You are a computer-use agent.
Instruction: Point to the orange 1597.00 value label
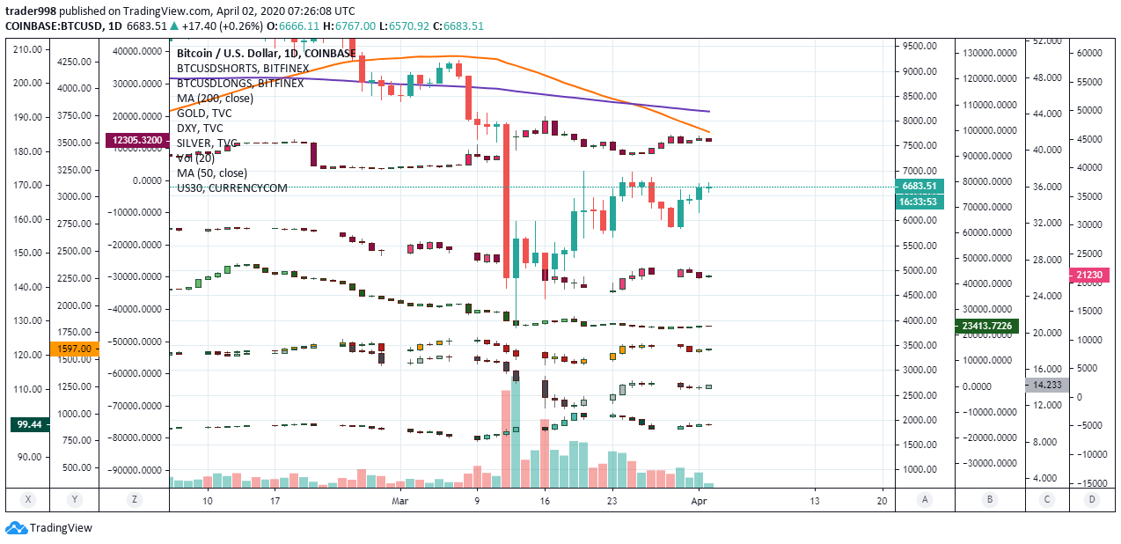tap(74, 349)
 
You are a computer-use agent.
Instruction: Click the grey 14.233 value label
tap(1045, 385)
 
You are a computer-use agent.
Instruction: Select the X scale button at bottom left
tap(28, 499)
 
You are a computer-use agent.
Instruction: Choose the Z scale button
tap(134, 499)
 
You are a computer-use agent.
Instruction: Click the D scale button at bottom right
tap(1091, 499)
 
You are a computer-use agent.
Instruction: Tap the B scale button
tap(990, 499)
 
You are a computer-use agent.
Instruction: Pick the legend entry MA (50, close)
tap(212, 173)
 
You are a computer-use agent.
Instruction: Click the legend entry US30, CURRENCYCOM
tap(231, 187)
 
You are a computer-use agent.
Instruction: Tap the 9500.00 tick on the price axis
tap(919, 46)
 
